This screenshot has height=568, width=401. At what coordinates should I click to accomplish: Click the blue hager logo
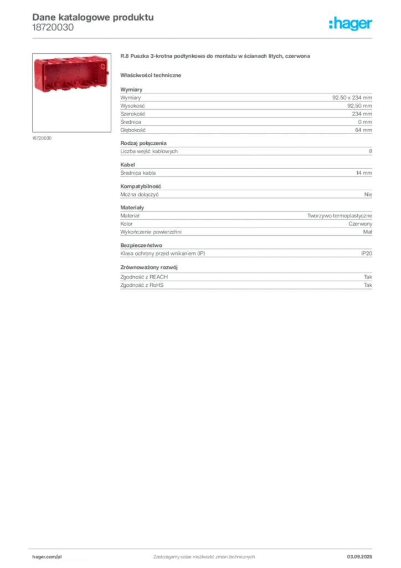[352, 24]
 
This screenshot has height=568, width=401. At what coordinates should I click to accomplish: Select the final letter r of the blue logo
[372, 25]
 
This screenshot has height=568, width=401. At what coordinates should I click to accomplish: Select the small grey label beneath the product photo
[42, 138]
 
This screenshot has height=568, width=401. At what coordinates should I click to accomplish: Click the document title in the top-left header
[92, 17]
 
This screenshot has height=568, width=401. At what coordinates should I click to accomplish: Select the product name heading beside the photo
[217, 57]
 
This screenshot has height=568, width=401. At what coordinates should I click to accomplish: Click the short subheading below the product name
[152, 75]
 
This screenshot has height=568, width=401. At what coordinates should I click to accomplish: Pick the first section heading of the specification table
[132, 88]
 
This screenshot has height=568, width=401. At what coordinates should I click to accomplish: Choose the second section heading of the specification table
[132, 206]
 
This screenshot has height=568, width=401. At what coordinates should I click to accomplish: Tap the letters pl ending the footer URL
[59, 556]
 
